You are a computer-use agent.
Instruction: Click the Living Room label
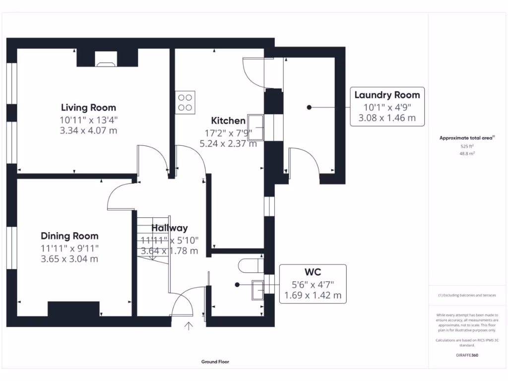pos(88,107)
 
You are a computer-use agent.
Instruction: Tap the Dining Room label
pos(69,236)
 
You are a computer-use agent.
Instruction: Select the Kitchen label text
pos(228,121)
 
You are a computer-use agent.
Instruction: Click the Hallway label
pos(170,228)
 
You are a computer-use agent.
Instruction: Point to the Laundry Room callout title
pos(387,95)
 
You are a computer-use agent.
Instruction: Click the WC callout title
pos(313,272)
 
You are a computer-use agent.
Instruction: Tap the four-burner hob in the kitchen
pos(185,102)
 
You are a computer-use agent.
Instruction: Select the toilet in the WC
pos(251,266)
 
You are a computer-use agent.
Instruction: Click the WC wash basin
pos(257,290)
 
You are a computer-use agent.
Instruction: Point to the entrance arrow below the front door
pos(189,325)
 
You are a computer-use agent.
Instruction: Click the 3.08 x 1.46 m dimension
pos(387,119)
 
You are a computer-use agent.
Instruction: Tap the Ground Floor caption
pos(215,362)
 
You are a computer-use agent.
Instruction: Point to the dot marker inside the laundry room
pos(309,107)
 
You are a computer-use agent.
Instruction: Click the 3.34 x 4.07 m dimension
pos(88,131)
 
